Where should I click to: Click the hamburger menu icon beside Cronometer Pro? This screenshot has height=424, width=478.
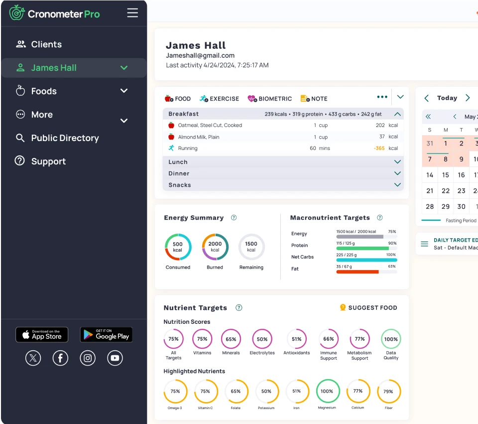132,13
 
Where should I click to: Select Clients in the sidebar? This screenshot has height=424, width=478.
46,44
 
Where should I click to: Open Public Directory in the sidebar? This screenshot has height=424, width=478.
65,138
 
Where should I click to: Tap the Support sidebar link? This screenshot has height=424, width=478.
48,161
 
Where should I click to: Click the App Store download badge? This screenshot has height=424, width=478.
42,335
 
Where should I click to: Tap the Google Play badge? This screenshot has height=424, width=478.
106,335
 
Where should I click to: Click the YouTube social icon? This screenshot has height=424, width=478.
115,358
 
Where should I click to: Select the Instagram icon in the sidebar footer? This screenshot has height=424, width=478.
88,358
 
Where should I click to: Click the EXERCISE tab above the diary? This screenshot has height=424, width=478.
219,99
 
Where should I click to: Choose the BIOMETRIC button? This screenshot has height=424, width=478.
269,99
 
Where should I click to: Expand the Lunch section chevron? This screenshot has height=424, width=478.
397,162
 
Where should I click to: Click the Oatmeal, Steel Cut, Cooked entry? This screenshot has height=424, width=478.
210,126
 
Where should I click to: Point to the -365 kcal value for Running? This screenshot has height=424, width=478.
379,148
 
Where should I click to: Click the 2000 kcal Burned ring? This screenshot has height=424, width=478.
215,247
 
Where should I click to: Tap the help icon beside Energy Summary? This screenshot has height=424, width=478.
234,218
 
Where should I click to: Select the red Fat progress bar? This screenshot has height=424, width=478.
358,272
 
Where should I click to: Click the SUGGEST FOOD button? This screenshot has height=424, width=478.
368,308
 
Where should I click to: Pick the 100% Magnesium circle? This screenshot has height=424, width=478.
327,392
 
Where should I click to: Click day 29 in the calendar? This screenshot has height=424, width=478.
446,206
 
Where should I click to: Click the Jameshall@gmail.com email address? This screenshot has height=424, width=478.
200,56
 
